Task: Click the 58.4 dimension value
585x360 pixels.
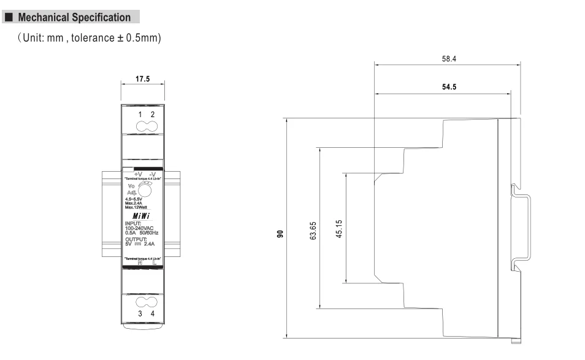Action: (449, 59)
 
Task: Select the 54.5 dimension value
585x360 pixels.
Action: (448, 87)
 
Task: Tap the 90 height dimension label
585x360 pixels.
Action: (280, 233)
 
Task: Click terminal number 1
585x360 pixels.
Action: (140, 115)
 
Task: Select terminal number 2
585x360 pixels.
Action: (153, 115)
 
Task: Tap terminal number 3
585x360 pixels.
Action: (140, 313)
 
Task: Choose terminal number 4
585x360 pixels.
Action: (153, 313)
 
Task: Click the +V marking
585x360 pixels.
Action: (137, 174)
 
